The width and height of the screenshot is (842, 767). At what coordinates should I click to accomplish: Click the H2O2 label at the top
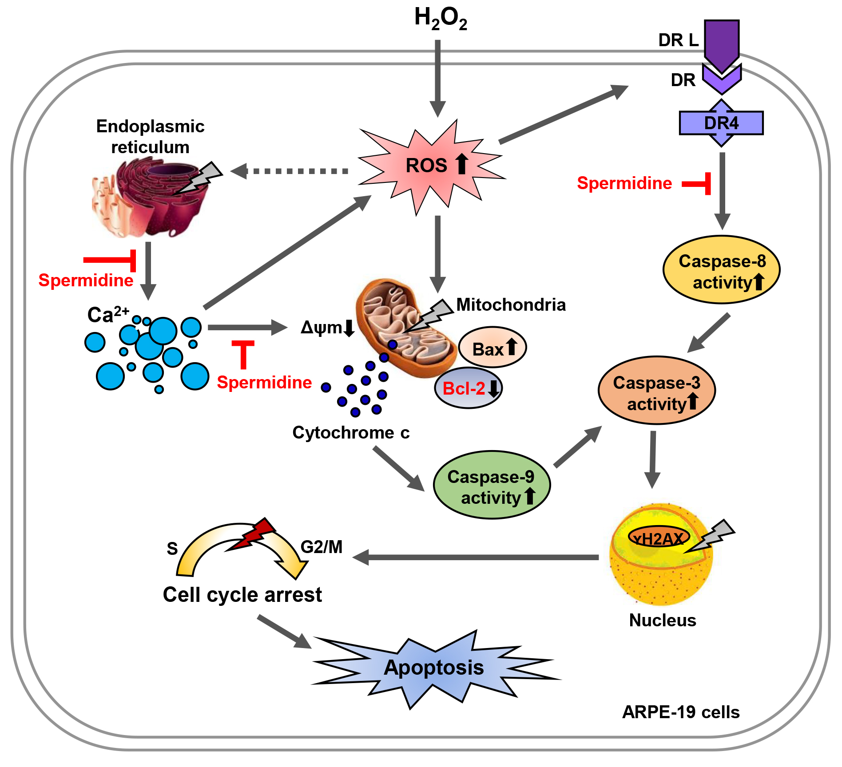coord(440,19)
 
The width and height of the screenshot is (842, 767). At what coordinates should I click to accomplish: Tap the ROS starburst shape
coord(431,166)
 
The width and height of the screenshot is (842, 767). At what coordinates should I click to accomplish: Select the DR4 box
coord(721,123)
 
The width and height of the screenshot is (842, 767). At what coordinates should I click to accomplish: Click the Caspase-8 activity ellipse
coord(721,270)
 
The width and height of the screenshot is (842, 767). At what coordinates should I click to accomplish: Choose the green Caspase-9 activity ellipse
coord(492,485)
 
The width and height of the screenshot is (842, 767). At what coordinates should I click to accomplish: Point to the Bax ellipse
coord(492,348)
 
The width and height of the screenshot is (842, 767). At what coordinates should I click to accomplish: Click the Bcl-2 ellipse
coord(468,388)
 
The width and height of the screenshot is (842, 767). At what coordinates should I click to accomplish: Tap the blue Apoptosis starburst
coord(434,668)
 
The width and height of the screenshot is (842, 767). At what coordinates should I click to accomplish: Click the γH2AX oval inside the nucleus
coord(659,538)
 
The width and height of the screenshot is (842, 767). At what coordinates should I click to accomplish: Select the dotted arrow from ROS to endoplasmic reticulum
coord(291,171)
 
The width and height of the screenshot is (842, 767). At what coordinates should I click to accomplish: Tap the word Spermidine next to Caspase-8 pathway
coord(624,183)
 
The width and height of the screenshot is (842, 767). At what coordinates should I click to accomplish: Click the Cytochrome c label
coord(351,433)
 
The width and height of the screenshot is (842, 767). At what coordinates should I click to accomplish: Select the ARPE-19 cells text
coord(680,712)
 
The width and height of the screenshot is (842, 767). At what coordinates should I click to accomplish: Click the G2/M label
coord(322,547)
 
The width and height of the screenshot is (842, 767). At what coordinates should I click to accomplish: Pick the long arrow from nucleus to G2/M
coord(475,557)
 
